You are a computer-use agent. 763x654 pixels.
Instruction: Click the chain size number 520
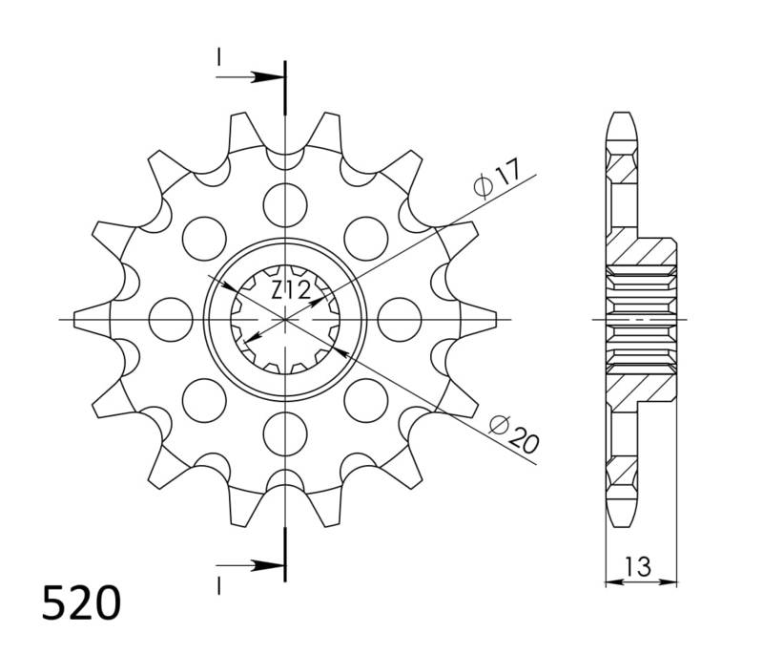click(81, 603)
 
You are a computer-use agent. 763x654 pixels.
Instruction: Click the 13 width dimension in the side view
click(639, 566)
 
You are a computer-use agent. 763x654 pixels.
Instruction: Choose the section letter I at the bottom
click(218, 581)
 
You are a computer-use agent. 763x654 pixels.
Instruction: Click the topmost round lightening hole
click(285, 201)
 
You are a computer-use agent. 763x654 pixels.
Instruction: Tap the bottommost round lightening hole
click(285, 433)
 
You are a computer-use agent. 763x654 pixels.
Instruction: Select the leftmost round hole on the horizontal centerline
click(170, 318)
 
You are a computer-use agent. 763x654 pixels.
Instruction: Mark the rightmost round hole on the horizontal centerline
click(401, 318)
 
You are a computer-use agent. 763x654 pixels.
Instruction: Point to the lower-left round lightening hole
click(203, 399)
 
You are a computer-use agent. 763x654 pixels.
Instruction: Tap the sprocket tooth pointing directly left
click(92, 318)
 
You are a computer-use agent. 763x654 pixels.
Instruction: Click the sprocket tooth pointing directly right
click(482, 318)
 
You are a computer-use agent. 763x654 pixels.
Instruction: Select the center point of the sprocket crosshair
click(285, 318)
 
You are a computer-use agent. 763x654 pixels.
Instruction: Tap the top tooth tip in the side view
click(619, 119)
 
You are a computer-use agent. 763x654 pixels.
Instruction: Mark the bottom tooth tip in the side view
click(619, 516)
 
